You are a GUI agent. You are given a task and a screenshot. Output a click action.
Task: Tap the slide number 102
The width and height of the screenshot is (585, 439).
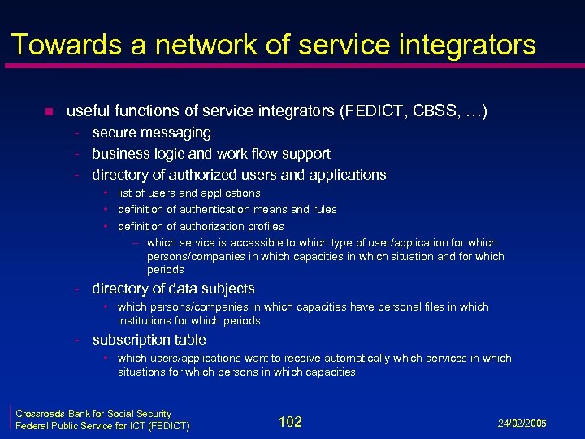290,421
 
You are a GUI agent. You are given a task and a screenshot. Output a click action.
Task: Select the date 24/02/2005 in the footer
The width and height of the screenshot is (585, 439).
522,424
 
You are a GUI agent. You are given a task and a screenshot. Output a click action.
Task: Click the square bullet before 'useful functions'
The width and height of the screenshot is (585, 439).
49,111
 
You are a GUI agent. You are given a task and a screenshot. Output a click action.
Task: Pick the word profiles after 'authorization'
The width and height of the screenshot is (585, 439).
262,226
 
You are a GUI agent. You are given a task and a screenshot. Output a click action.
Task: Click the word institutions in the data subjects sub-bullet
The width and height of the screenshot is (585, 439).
145,321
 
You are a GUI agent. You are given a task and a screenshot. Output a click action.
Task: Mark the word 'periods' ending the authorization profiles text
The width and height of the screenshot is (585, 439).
166,269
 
